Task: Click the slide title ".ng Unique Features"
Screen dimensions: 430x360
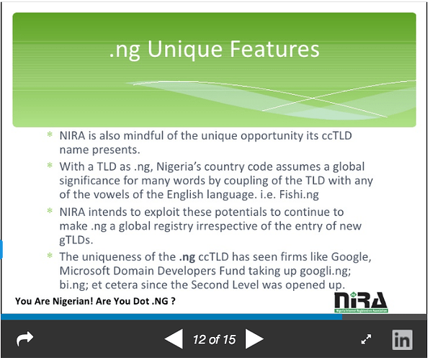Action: click(214, 50)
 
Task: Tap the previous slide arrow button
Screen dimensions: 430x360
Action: click(174, 339)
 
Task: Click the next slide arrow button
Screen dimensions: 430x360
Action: click(254, 339)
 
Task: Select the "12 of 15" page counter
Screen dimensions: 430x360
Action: click(214, 339)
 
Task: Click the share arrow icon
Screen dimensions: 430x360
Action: click(25, 339)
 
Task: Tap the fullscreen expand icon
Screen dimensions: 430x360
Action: click(366, 339)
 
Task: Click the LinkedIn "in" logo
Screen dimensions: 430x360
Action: click(402, 340)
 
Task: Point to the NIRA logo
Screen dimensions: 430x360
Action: click(361, 302)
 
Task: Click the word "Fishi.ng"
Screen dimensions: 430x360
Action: click(299, 194)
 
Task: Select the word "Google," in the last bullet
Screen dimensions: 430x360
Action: click(351, 257)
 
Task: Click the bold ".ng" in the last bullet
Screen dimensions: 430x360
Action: click(187, 258)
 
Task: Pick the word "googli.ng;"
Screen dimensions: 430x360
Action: click(326, 271)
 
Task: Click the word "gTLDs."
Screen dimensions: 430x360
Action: click(76, 240)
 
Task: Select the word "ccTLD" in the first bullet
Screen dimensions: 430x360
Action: click(337, 135)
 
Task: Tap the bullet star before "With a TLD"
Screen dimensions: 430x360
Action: click(50, 165)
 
